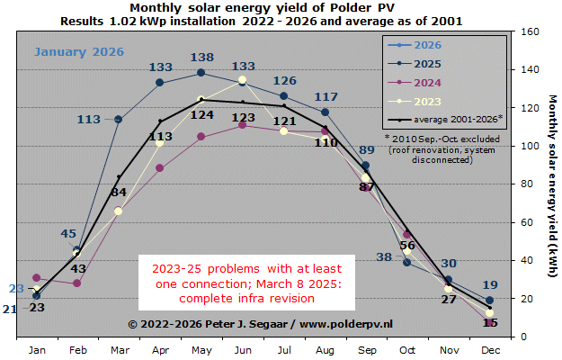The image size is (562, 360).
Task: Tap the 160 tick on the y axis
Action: [530, 31]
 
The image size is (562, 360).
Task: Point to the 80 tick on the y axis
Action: [527, 184]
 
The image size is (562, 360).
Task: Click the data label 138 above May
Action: [201, 58]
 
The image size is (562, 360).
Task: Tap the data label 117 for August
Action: [326, 97]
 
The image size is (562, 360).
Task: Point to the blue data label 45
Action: [68, 234]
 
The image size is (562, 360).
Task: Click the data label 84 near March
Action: [118, 192]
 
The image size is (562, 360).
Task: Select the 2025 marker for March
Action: [119, 119]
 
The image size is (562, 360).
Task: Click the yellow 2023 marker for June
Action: [242, 81]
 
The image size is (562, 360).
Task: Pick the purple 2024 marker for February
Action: [77, 283]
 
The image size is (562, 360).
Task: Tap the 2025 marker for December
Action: [489, 301]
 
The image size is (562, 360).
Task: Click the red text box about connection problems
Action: [247, 283]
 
